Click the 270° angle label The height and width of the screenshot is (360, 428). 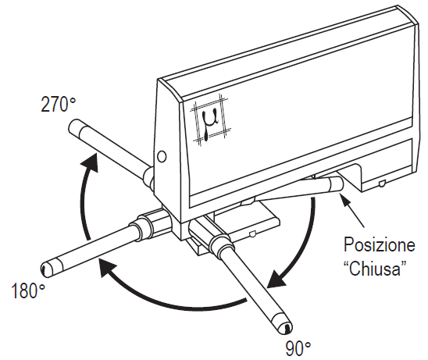click(58, 105)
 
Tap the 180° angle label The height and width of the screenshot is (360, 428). click(27, 291)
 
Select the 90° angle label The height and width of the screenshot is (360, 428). click(298, 348)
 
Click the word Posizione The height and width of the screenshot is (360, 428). click(379, 245)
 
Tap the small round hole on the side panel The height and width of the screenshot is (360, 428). click(162, 157)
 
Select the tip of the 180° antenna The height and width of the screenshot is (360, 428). click(45, 269)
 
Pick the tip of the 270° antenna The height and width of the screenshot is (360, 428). click(74, 126)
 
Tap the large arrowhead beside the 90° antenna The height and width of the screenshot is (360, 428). click(276, 278)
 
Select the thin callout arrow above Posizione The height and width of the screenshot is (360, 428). click(352, 209)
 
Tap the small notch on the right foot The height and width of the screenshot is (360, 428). click(382, 184)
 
